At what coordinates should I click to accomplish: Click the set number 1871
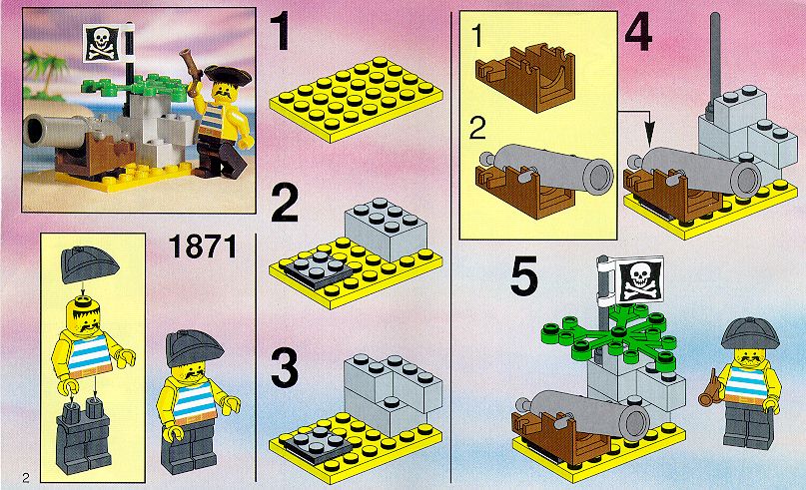point(203,246)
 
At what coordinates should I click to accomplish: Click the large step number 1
point(282,32)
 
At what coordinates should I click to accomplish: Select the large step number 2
point(284,204)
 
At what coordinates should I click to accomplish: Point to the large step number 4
point(638,32)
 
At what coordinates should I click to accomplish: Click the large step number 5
point(523,275)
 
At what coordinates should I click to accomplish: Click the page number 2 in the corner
point(26,478)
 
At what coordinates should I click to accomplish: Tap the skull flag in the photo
point(102,43)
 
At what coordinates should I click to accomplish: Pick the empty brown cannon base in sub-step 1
point(523,76)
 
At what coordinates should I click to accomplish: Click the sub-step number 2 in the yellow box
point(477,129)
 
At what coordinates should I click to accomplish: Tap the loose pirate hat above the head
point(90,264)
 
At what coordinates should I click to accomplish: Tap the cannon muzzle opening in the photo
point(34,131)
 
